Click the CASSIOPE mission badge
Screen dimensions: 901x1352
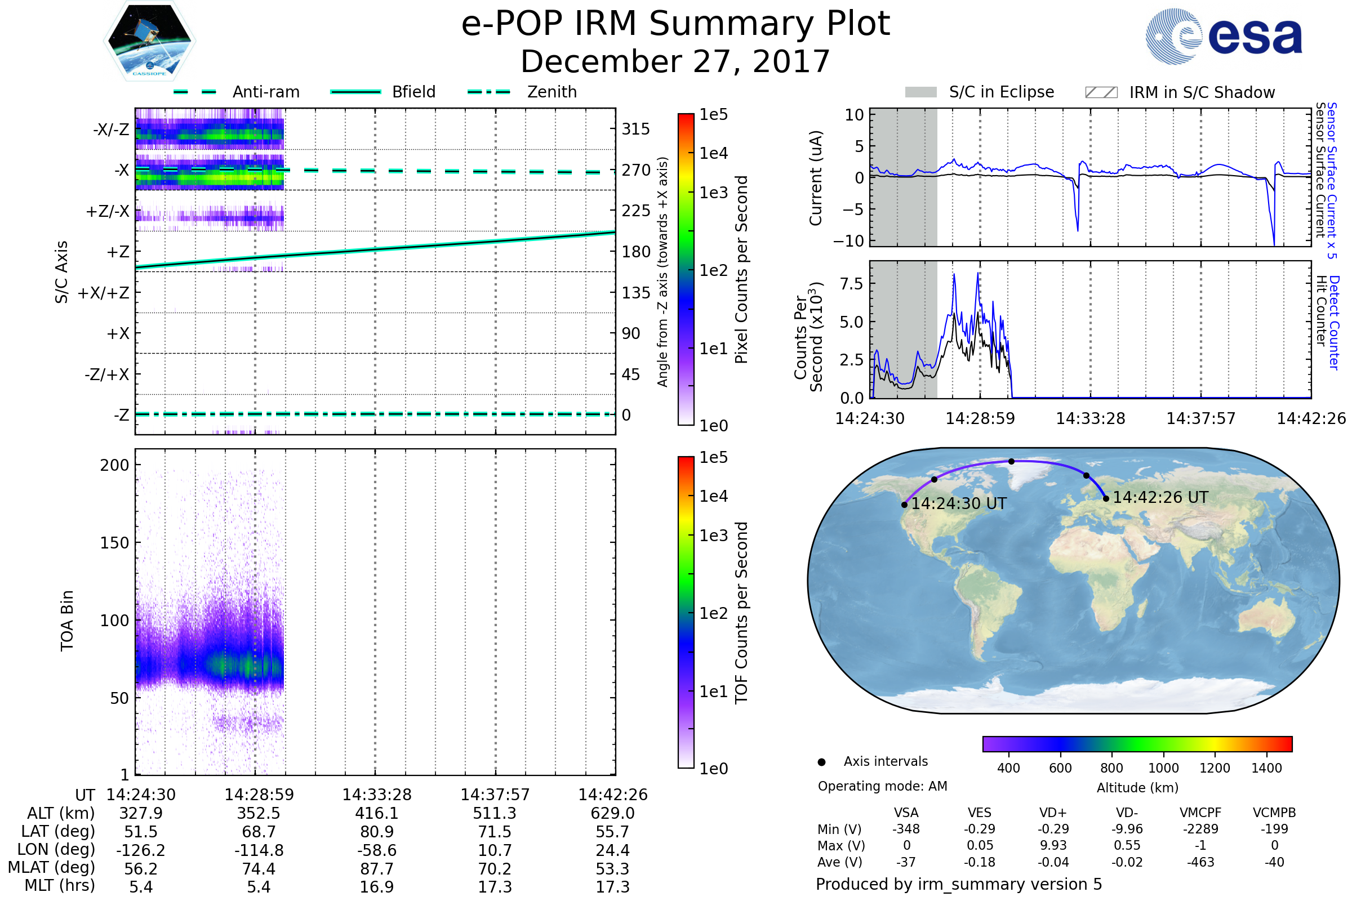pos(149,41)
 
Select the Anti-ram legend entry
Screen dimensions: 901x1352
pos(265,92)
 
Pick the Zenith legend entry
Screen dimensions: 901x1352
pos(552,92)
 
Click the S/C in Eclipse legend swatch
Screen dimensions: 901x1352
pos(920,92)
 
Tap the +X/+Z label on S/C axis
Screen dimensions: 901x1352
pos(104,293)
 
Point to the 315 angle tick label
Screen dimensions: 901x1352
pos(635,130)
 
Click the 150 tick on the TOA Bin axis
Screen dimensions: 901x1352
pos(114,543)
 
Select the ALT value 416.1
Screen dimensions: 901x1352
pos(376,814)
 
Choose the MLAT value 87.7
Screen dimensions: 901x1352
pos(376,869)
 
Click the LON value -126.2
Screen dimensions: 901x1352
pos(141,850)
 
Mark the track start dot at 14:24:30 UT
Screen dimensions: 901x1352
pos(905,505)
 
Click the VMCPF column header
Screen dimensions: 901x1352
pos(1200,813)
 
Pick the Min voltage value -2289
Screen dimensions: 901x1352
pos(1200,829)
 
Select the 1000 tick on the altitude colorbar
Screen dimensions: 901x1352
pos(1163,768)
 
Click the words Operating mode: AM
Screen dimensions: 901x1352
pos(882,786)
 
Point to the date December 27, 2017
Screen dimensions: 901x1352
pos(675,61)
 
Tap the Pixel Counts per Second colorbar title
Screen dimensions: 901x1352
pos(741,270)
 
